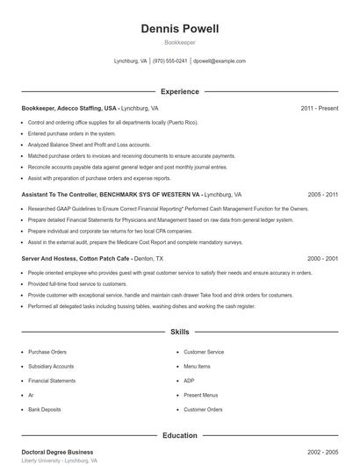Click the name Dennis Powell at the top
pyautogui.click(x=180, y=29)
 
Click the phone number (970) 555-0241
pyautogui.click(x=170, y=61)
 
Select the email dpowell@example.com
pyautogui.click(x=219, y=61)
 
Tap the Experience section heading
pyautogui.click(x=180, y=91)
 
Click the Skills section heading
pyautogui.click(x=180, y=333)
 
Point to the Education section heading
pyautogui.click(x=180, y=435)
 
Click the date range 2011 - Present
pyautogui.click(x=319, y=108)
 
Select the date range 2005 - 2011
pyautogui.click(x=323, y=194)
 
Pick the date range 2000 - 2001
pyautogui.click(x=323, y=259)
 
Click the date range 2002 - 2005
pyautogui.click(x=323, y=451)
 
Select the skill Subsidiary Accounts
pyautogui.click(x=51, y=366)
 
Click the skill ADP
pyautogui.click(x=189, y=381)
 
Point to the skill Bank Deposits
pyautogui.click(x=45, y=409)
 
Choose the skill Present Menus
pyautogui.click(x=200, y=395)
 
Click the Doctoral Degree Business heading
pyautogui.click(x=58, y=451)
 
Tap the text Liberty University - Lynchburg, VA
pyautogui.click(x=59, y=460)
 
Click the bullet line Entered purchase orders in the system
pyautogui.click(x=71, y=133)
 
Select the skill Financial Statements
pyautogui.click(x=52, y=381)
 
